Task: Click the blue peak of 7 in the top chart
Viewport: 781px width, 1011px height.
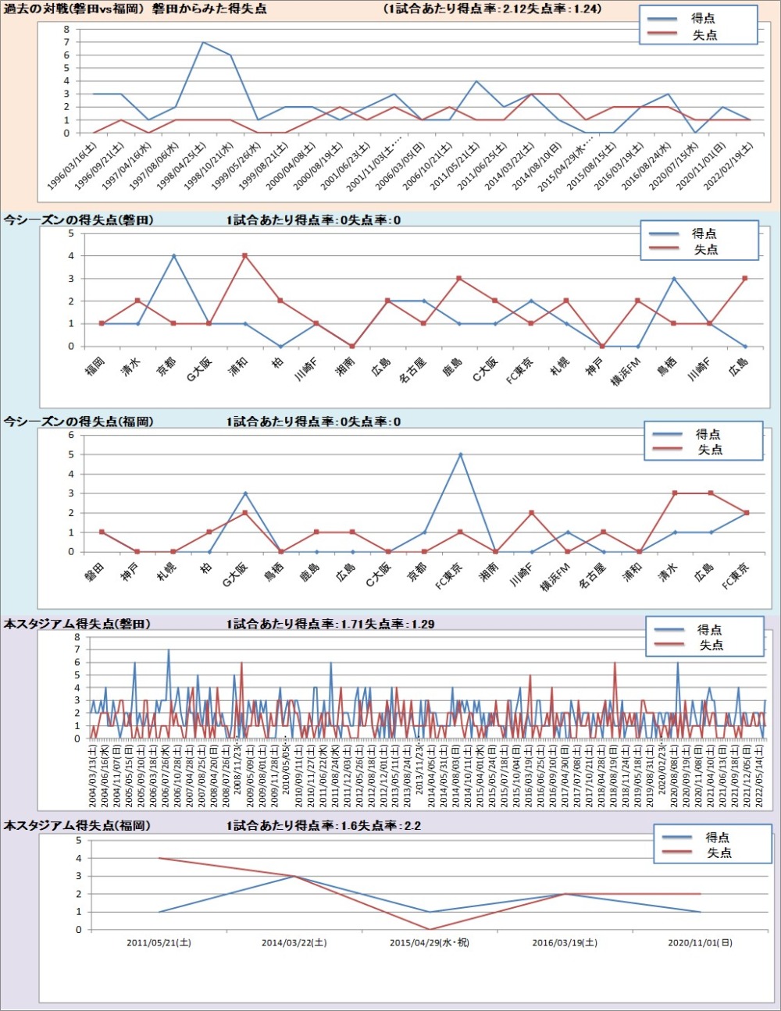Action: [203, 42]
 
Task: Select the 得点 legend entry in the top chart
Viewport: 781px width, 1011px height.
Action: [703, 18]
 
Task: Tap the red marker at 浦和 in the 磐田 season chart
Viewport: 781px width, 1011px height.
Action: [245, 255]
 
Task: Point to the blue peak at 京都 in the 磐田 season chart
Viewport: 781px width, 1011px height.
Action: [173, 255]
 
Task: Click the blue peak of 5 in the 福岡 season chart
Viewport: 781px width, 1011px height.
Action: [460, 454]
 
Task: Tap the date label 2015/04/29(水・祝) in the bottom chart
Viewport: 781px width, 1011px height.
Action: [430, 942]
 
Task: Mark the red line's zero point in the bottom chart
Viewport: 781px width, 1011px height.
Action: [430, 929]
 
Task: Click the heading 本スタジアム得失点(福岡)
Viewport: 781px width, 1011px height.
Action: [77, 825]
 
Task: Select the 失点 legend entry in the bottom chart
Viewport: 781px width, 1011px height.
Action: [719, 853]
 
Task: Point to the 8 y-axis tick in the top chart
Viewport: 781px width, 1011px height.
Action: [67, 30]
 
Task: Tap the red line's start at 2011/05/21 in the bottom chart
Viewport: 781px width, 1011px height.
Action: [159, 858]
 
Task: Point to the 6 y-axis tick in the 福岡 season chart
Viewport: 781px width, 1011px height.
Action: [71, 435]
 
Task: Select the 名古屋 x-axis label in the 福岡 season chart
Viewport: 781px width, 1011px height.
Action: [593, 576]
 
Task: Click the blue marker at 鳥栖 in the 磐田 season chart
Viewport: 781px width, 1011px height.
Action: [674, 279]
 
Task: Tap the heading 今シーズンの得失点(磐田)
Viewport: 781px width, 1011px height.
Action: [79, 220]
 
